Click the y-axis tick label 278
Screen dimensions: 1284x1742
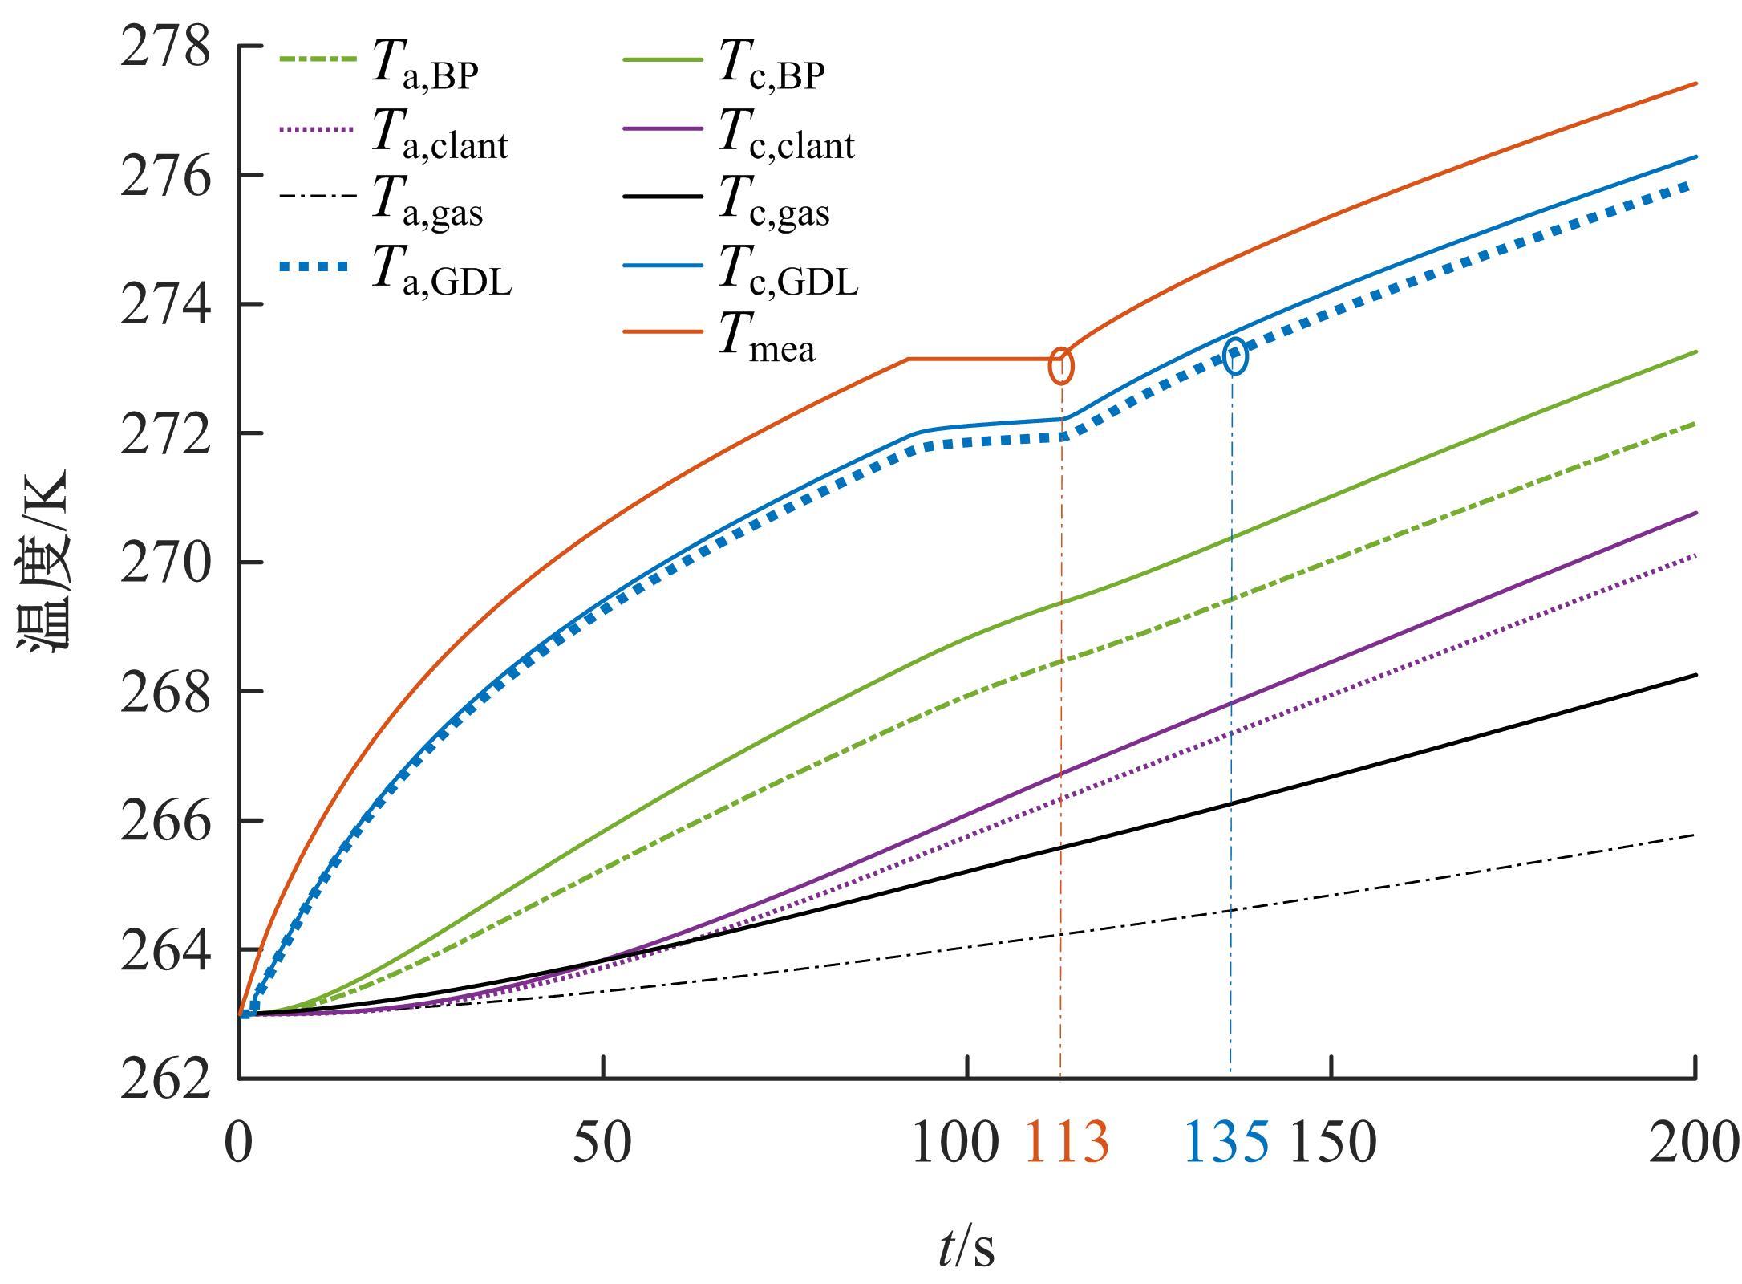point(166,48)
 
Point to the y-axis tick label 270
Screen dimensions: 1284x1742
point(166,564)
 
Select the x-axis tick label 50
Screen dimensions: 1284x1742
point(602,1143)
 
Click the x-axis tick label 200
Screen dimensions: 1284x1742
point(1692,1143)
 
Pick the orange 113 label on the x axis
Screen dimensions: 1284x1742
point(1067,1143)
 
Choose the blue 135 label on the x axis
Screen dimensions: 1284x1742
point(1226,1143)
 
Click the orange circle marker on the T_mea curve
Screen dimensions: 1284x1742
point(1060,366)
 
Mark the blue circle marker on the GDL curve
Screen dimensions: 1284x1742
point(1235,356)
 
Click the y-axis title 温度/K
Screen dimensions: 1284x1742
point(44,562)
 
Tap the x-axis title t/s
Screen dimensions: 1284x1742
point(966,1248)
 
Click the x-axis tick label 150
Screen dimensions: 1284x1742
point(1332,1143)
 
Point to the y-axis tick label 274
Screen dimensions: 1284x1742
point(166,306)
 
